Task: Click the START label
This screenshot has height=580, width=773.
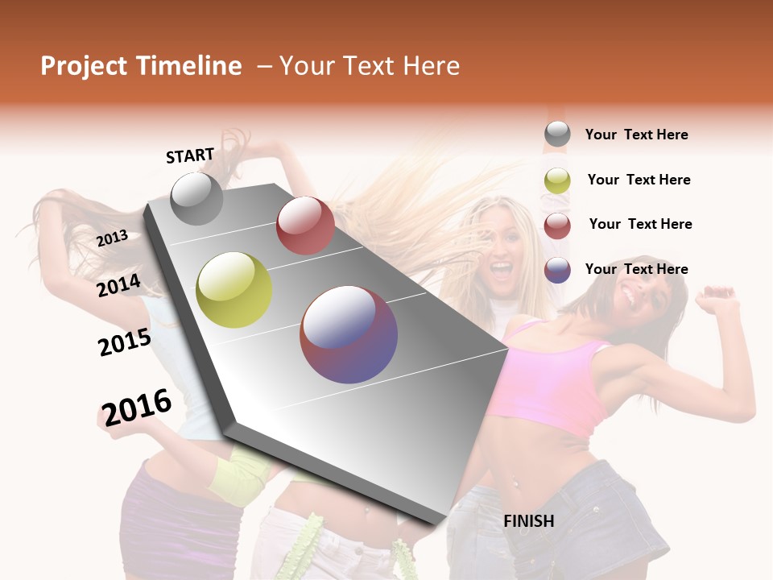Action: [x=190, y=155]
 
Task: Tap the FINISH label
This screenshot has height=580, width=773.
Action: [x=528, y=521]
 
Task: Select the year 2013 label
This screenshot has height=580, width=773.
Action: [x=113, y=238]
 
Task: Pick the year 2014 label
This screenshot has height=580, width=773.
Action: [x=118, y=285]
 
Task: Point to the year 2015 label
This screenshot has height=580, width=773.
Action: [x=125, y=342]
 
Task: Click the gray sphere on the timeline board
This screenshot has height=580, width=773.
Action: [x=196, y=198]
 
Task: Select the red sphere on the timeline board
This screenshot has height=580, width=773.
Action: [x=305, y=226]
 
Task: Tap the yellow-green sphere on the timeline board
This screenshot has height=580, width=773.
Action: [x=234, y=290]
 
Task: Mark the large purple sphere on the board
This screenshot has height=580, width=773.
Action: [x=349, y=334]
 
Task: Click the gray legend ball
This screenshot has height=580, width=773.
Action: [x=557, y=135]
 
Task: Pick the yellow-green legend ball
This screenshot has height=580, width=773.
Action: [x=557, y=180]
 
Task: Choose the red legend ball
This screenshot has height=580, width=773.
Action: [x=557, y=226]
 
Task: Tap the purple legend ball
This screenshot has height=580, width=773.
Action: [x=557, y=270]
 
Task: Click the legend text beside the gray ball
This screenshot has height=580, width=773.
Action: [x=636, y=135]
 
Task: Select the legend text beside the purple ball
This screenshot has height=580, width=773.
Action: [x=636, y=269]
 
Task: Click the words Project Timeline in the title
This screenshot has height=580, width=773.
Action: [x=141, y=66]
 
